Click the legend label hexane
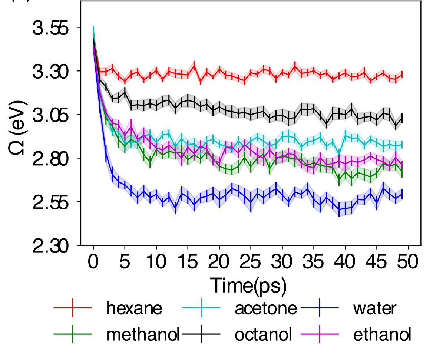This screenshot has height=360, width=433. coord(134,308)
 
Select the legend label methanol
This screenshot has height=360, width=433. coord(143,335)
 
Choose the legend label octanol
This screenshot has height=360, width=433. coord(263,335)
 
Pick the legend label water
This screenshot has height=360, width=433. coord(374,308)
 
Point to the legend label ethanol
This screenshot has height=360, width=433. coord(382,335)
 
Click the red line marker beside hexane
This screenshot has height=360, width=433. coord(72,308)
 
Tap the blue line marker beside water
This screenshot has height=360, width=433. coord(320,308)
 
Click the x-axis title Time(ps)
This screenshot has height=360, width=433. coord(248,285)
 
